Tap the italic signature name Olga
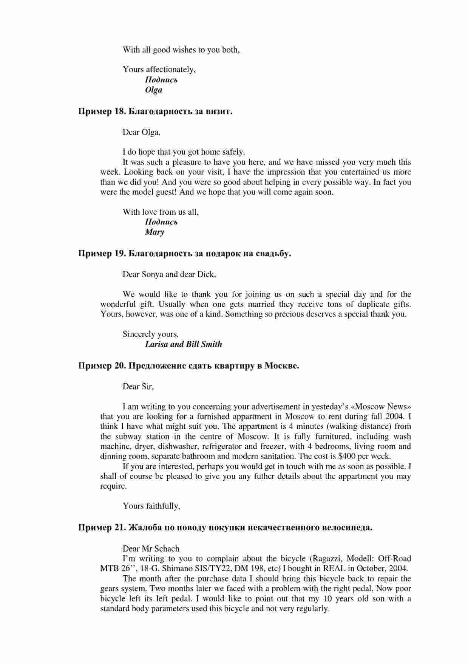click(x=153, y=90)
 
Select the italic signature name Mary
click(x=154, y=232)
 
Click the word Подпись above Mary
click(x=161, y=222)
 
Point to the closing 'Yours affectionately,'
click(x=159, y=70)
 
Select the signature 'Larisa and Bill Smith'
click(x=184, y=344)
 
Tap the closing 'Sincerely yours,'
click(x=151, y=334)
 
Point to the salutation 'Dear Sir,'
click(x=138, y=387)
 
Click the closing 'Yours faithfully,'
click(x=151, y=506)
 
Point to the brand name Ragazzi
click(x=326, y=559)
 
